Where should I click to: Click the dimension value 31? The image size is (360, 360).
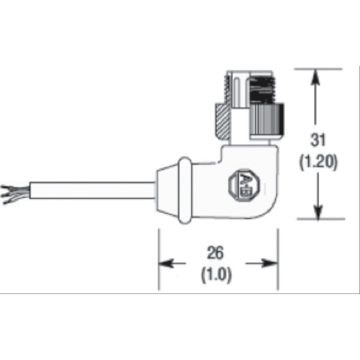tap(318, 140)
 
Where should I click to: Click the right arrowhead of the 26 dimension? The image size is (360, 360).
tap(271, 263)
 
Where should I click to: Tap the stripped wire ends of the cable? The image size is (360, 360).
tap(11, 194)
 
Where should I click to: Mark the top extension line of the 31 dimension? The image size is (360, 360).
tap(318, 68)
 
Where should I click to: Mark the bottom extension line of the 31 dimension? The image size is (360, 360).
tap(318, 219)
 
